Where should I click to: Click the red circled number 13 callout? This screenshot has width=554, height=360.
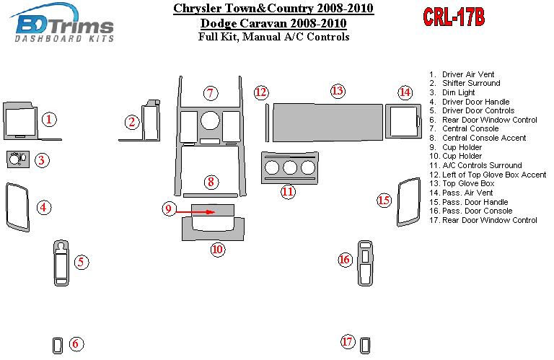coord(338,91)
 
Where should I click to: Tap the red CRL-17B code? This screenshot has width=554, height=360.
coord(454,17)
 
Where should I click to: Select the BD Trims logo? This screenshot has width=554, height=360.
coord(63,23)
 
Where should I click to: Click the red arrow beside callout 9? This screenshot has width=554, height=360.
coord(195,212)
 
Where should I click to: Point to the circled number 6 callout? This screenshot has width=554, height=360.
coord(76,343)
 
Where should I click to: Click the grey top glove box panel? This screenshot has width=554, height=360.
coord(328,122)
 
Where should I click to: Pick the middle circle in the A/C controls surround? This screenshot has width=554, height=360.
coord(290,168)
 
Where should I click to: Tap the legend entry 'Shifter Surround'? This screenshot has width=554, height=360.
coord(471,84)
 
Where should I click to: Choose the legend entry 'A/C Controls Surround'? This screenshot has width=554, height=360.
coord(482,165)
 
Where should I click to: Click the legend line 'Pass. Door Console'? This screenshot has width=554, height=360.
coord(477,211)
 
